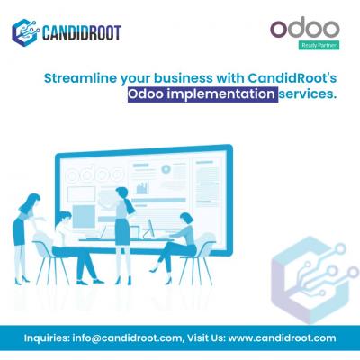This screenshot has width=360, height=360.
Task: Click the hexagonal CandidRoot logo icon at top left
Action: (x=26, y=32)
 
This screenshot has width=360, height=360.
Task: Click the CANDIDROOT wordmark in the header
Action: (x=82, y=33)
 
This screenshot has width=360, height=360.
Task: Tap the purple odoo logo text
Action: (x=305, y=28)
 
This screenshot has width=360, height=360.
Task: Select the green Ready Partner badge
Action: (x=319, y=46)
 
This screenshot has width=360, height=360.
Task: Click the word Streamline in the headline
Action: (x=80, y=78)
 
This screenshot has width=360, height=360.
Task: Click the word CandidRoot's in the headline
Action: (x=292, y=78)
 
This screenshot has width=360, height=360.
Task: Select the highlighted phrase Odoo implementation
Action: (x=202, y=94)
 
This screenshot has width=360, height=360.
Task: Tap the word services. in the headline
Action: (x=307, y=94)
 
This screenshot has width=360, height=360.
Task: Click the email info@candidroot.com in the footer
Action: (x=127, y=338)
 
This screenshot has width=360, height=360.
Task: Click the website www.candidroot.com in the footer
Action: (x=282, y=338)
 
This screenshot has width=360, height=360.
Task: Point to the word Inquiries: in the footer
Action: (x=47, y=338)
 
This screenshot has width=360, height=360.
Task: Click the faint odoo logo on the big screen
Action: (x=95, y=175)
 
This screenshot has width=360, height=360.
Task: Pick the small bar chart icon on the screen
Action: (x=142, y=187)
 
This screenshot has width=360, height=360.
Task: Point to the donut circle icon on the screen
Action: (x=166, y=169)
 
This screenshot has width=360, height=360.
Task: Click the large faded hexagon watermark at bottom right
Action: (x=312, y=279)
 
